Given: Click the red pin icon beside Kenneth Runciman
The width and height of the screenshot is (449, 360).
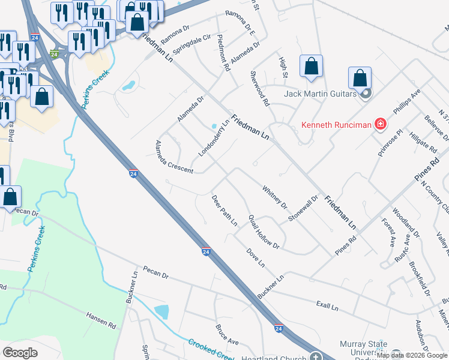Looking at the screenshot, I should coord(380,125).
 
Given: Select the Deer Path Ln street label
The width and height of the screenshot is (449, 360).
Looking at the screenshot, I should coord(224,210).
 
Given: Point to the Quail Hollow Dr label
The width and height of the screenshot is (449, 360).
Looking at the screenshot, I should coord(264,231).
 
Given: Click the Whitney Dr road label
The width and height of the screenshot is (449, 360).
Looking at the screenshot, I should coord(275,197).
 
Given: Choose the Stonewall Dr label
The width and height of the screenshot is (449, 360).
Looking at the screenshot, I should coord(302,208).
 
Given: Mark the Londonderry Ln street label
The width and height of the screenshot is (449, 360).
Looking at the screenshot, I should coord(214,138).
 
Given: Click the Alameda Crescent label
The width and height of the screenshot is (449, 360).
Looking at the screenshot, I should coord(174,157).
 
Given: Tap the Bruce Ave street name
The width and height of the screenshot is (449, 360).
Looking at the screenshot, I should coord(227,335).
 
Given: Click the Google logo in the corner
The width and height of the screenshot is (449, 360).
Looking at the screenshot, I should coord(20,352).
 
